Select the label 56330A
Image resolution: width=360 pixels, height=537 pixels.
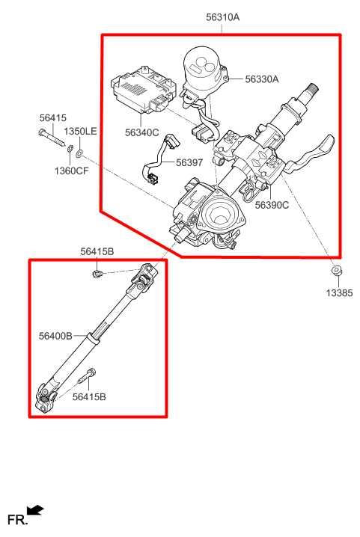pos(261,79)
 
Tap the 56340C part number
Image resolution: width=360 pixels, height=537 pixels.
pos(142,133)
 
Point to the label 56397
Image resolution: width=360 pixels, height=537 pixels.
pos(189,162)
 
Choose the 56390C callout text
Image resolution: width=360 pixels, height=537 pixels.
pos(271,204)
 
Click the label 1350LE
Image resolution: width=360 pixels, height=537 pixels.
pos(79,132)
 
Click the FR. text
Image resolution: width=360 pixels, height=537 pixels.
pos(16,519)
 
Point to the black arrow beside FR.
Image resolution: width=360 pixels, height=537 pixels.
pos(35,511)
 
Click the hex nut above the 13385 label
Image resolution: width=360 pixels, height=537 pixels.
pos(336,271)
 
